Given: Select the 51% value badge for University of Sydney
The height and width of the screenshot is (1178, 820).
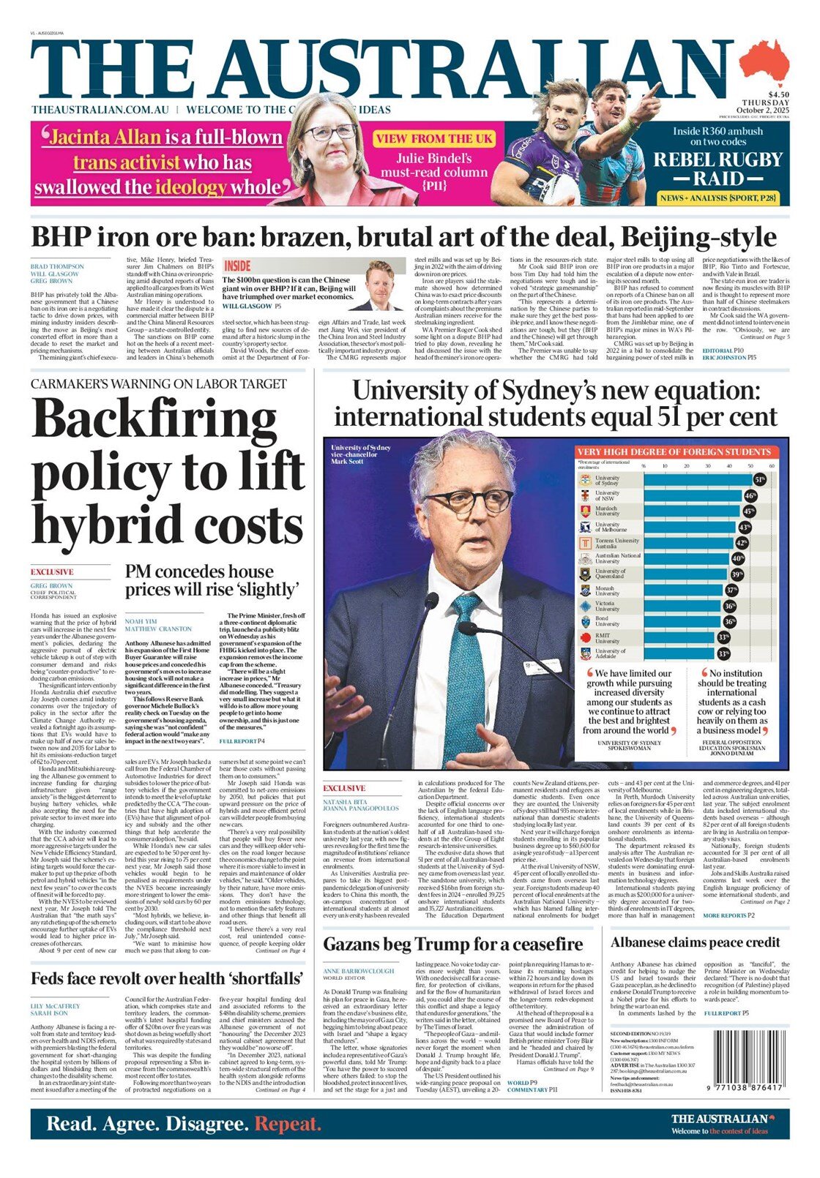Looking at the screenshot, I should click(760, 479).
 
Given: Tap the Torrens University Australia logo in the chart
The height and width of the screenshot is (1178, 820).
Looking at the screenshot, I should click(585, 543).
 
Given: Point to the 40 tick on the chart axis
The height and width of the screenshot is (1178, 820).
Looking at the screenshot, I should click(729, 465).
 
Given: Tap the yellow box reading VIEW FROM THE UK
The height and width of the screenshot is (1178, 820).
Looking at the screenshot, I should click(434, 138).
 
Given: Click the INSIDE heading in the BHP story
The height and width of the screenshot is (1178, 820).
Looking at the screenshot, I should click(237, 266).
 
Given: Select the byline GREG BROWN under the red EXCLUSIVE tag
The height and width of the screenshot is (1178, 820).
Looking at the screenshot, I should click(51, 586).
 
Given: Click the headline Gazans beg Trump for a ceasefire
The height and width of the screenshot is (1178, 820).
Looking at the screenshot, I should click(453, 944).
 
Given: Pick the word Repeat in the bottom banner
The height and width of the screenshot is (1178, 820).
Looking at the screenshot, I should click(288, 1124).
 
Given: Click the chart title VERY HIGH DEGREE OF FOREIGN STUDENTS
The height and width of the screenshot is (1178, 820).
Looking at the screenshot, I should click(674, 451).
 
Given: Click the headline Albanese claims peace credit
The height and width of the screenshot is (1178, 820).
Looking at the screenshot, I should click(695, 942).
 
